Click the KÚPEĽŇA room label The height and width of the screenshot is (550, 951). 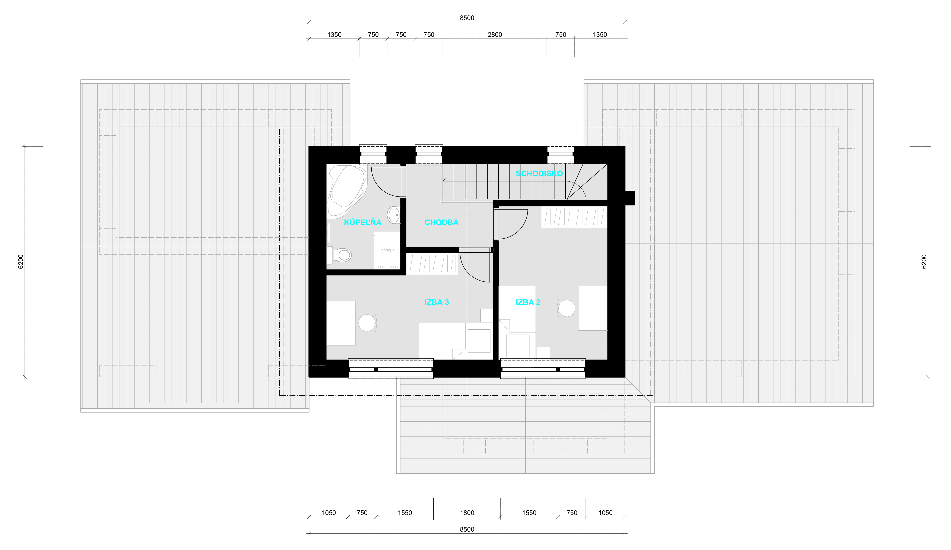pyautogui.click(x=362, y=222)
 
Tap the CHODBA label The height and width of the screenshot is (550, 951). pyautogui.click(x=441, y=222)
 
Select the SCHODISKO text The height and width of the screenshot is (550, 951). pyautogui.click(x=539, y=173)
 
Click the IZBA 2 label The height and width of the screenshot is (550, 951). pyautogui.click(x=527, y=302)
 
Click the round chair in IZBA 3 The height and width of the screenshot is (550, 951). pyautogui.click(x=367, y=323)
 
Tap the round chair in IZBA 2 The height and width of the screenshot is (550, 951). pyautogui.click(x=566, y=308)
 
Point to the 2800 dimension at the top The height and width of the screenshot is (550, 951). pyautogui.click(x=494, y=35)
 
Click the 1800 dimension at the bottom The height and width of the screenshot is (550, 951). pyautogui.click(x=467, y=513)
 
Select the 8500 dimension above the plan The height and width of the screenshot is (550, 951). pyautogui.click(x=467, y=18)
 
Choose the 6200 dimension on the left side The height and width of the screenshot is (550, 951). pyautogui.click(x=21, y=262)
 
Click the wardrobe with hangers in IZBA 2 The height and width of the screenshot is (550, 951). pyautogui.click(x=574, y=217)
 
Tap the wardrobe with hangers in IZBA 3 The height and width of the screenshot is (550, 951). pyautogui.click(x=432, y=264)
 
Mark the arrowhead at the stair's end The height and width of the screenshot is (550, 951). pyautogui.click(x=444, y=182)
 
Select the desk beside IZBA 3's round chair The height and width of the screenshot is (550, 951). pyautogui.click(x=341, y=323)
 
